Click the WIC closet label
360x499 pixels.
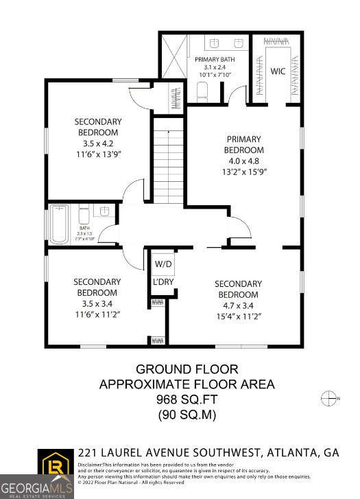coord(278,70)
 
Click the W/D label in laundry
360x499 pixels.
coord(163,264)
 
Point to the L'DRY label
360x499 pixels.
coord(163,282)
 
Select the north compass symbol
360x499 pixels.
coord(330,398)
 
